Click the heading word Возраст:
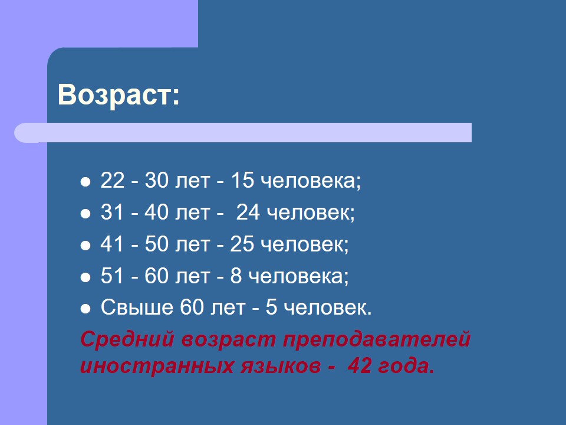pos(119,95)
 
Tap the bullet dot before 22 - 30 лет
pos(85,181)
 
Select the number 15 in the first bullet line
pos(242,180)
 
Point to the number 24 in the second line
pos(248,212)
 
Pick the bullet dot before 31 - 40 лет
pos(85,213)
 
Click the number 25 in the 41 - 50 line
pos(242,244)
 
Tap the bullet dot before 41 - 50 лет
pos(85,246)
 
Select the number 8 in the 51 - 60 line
pos(236,276)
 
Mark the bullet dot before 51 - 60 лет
pos(85,277)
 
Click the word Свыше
pos(137,308)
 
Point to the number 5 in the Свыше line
pos(271,308)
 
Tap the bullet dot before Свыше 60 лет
pos(85,309)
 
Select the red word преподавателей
pos(377,340)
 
